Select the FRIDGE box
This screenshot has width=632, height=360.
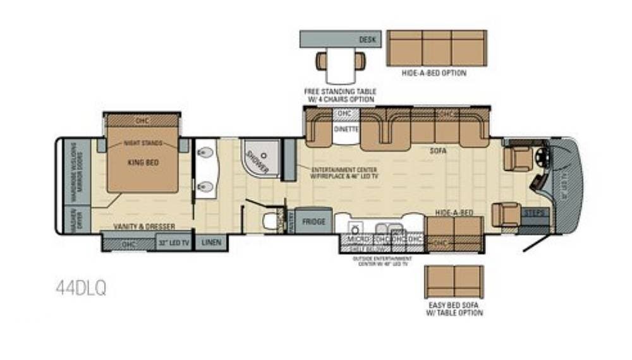(x=313, y=222)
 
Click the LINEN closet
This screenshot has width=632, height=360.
(x=210, y=241)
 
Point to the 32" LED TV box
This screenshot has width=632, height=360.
(x=174, y=241)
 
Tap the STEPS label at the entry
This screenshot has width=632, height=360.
(x=535, y=213)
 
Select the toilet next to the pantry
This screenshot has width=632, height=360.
(x=271, y=220)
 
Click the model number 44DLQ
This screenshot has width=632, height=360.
(x=81, y=288)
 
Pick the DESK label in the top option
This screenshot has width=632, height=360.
(x=367, y=39)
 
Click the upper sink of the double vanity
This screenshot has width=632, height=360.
(x=205, y=153)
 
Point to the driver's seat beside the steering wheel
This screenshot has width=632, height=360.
(x=518, y=157)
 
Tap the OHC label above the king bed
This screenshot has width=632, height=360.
(x=142, y=120)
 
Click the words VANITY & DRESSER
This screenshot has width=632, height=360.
(x=144, y=226)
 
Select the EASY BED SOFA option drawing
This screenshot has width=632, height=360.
(x=454, y=281)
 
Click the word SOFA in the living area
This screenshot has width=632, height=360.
(x=436, y=152)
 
